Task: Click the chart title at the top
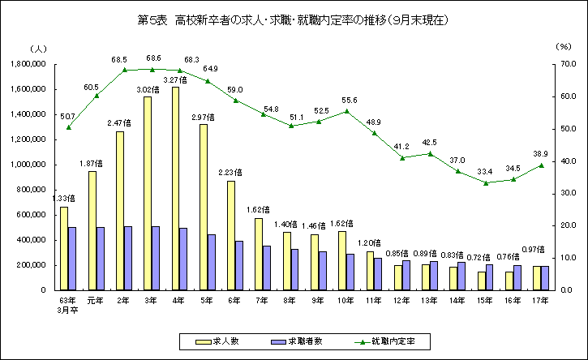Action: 294,18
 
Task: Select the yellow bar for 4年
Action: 175,188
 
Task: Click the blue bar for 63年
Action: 72,258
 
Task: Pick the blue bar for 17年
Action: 545,277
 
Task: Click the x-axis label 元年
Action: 96,299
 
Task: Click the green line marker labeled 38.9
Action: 541,165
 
